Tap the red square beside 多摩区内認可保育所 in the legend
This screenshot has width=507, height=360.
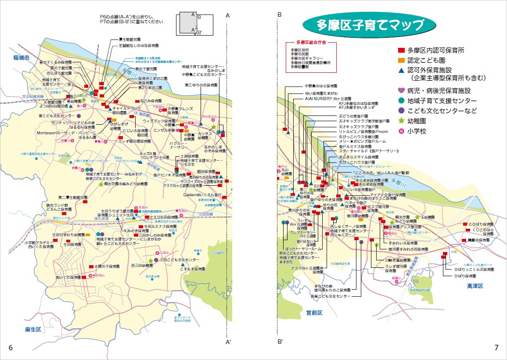401,50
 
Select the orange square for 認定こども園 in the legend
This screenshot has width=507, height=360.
401,60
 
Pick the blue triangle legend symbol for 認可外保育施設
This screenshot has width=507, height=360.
401,70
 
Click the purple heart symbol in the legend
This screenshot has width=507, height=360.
401,91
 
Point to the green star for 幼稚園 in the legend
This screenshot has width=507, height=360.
401,121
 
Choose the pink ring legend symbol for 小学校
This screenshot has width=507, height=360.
401,131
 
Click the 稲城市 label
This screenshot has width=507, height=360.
21,58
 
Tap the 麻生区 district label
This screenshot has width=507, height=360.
33,329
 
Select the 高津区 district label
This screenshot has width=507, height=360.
475,286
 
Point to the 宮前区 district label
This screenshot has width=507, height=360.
314,313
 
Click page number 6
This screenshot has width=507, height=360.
11,348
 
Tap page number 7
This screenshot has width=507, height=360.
496,348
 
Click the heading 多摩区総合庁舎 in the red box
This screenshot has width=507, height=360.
311,43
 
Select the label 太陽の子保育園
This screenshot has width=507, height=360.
107,266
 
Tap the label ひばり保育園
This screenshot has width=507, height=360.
465,276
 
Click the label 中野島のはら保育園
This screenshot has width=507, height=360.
321,86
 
